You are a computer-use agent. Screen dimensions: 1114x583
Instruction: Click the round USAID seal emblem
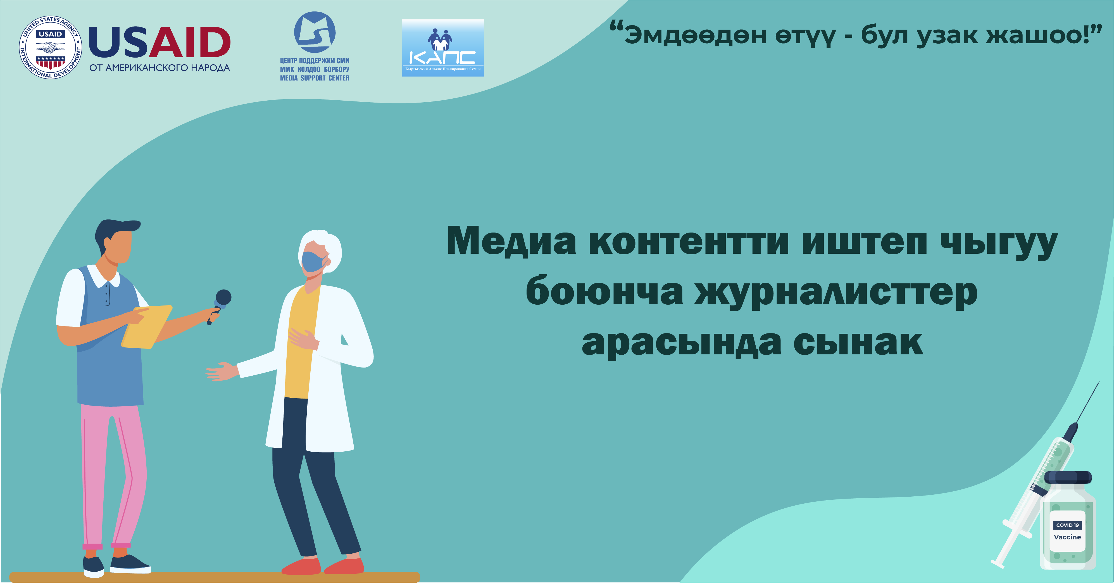click(x=51, y=48)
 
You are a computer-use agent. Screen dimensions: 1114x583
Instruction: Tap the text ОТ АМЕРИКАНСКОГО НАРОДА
click(x=160, y=68)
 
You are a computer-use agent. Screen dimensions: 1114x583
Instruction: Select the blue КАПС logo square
click(x=443, y=48)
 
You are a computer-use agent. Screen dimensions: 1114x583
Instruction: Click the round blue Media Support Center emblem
click(x=315, y=32)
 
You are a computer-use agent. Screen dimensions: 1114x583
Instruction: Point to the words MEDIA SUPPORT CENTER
click(x=315, y=78)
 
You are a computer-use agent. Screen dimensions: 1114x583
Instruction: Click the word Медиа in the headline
click(x=511, y=241)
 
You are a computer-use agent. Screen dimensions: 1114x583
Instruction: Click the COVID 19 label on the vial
click(x=1067, y=525)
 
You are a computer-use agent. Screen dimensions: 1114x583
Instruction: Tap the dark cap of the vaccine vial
click(x=1068, y=477)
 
